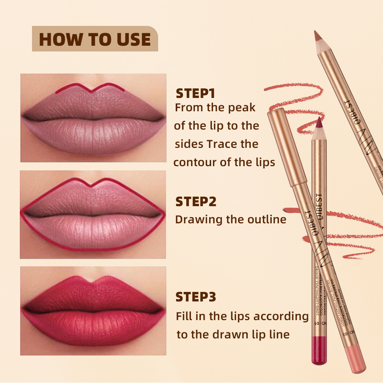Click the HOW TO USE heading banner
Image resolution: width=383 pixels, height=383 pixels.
point(95,39)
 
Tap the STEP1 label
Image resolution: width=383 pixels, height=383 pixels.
point(196,94)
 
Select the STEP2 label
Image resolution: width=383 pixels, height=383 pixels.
point(196,202)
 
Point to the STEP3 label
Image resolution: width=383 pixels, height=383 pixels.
point(196,297)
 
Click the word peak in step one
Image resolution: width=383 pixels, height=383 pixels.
point(242,108)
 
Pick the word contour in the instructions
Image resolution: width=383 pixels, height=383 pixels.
point(195,163)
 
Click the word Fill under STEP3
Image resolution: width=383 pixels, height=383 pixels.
point(184,316)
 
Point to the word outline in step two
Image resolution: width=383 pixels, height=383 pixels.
point(266,220)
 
